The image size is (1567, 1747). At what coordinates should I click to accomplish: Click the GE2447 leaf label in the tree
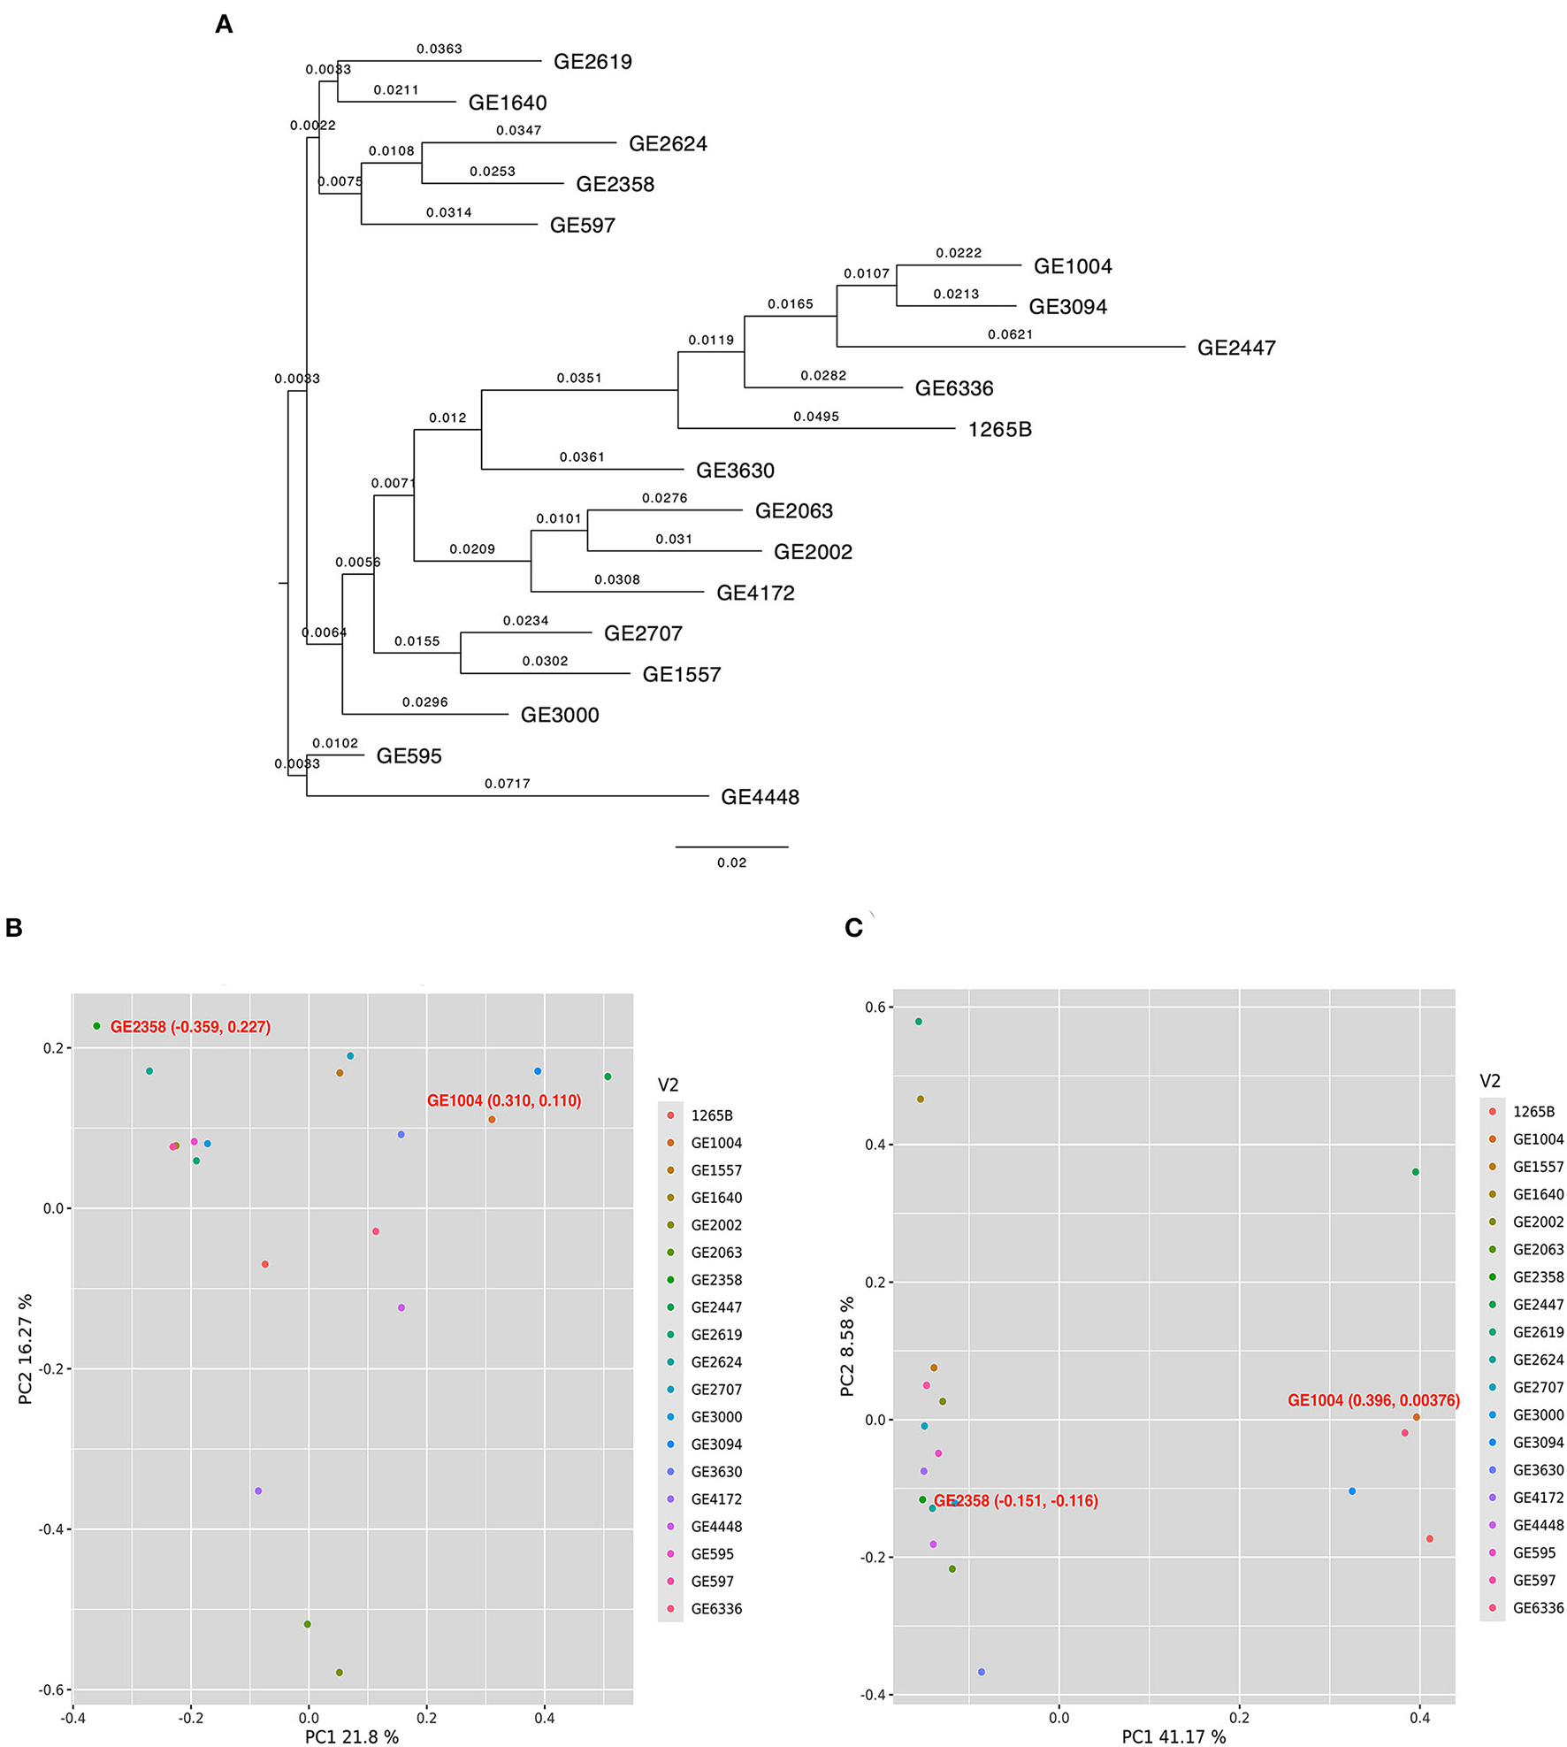point(1235,348)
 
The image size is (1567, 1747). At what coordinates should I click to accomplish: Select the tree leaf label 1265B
point(999,430)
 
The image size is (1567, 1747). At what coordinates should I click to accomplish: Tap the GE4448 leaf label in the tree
point(760,797)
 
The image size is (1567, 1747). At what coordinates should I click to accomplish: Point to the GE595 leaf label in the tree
point(409,756)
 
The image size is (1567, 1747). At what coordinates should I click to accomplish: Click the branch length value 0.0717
point(507,784)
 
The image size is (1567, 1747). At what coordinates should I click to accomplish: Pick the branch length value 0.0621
point(1010,334)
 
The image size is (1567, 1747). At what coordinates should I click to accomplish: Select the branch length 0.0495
point(815,417)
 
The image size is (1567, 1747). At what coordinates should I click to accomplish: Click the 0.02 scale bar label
point(731,862)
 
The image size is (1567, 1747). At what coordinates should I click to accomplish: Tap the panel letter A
point(224,25)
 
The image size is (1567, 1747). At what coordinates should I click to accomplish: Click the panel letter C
point(853,928)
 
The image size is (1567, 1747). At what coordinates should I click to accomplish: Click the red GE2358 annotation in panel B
point(190,1027)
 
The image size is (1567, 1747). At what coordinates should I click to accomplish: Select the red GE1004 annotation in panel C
point(1372,1400)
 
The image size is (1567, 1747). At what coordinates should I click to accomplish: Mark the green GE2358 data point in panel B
point(97,1026)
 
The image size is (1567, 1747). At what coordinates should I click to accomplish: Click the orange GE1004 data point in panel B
point(492,1120)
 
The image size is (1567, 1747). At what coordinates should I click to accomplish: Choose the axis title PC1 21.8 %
point(351,1737)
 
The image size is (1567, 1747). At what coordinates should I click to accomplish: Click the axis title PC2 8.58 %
point(847,1346)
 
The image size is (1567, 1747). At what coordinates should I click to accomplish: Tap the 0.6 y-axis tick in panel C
point(875,1007)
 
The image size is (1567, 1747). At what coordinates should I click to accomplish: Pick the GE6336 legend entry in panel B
point(715,1609)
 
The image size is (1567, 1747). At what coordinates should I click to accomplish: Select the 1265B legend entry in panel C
point(1533,1112)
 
